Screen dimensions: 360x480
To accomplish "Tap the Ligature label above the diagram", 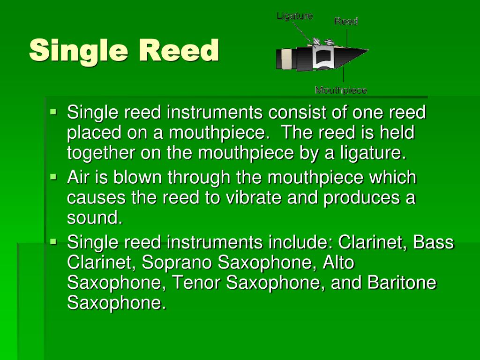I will (x=294, y=16).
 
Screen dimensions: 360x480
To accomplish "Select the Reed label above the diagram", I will (x=346, y=21).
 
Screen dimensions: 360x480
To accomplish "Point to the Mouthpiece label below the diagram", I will (x=341, y=90).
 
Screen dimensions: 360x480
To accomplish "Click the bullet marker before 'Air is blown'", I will (x=53, y=178).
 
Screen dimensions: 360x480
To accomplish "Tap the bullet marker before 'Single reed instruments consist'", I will (x=53, y=112).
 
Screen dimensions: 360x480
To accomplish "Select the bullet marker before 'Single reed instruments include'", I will (x=53, y=242).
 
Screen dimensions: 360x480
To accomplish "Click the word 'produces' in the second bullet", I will (x=360, y=198).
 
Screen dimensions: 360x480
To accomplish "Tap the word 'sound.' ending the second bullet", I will (x=94, y=218).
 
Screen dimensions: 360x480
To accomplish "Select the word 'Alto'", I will (x=338, y=262).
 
